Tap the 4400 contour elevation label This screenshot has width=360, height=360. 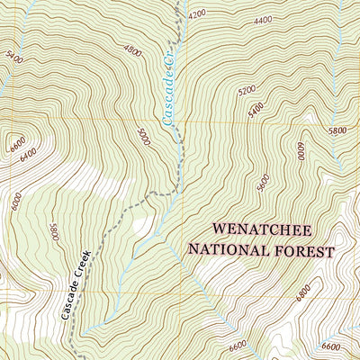click(263, 20)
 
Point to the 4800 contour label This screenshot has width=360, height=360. click(133, 52)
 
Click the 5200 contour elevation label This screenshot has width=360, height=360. click(246, 90)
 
